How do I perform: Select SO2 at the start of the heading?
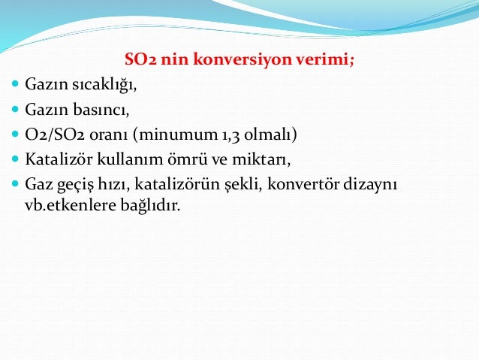coord(140,61)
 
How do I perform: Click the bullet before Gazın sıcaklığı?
coord(16,86)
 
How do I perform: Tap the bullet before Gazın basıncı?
coord(16,110)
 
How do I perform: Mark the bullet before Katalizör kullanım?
coord(16,160)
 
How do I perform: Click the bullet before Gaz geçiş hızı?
coord(16,185)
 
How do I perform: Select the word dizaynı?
coord(372,185)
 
